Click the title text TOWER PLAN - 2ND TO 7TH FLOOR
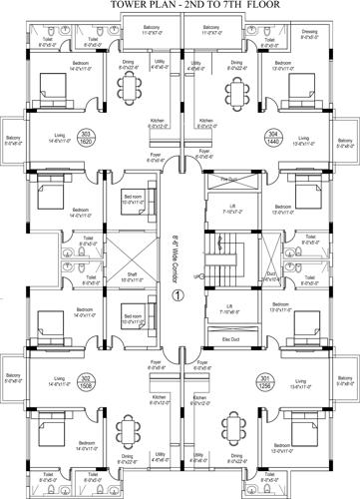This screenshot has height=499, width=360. click(x=180, y=8)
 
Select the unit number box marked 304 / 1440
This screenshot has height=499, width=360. click(x=216, y=139)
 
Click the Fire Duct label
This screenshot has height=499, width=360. click(x=228, y=180)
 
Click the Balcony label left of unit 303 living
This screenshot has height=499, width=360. click(x=13, y=140)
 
